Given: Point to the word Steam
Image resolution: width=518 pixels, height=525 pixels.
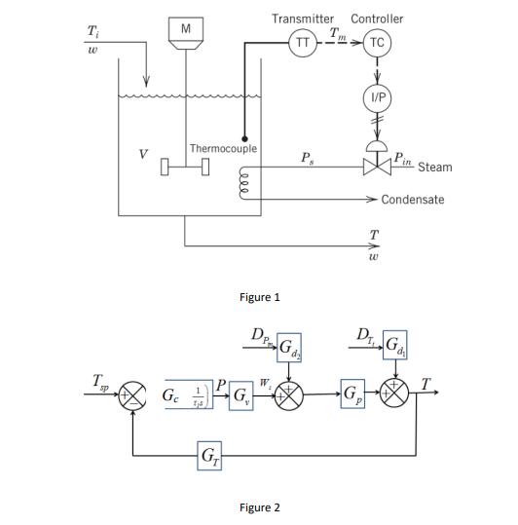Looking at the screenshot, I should pyautogui.click(x=435, y=168).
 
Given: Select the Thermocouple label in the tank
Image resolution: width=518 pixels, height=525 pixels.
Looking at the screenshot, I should pyautogui.click(x=223, y=148).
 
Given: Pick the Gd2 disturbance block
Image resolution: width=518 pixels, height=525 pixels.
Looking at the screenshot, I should pyautogui.click(x=290, y=347).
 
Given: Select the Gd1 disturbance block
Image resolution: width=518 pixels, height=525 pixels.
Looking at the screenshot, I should pyautogui.click(x=395, y=345).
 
